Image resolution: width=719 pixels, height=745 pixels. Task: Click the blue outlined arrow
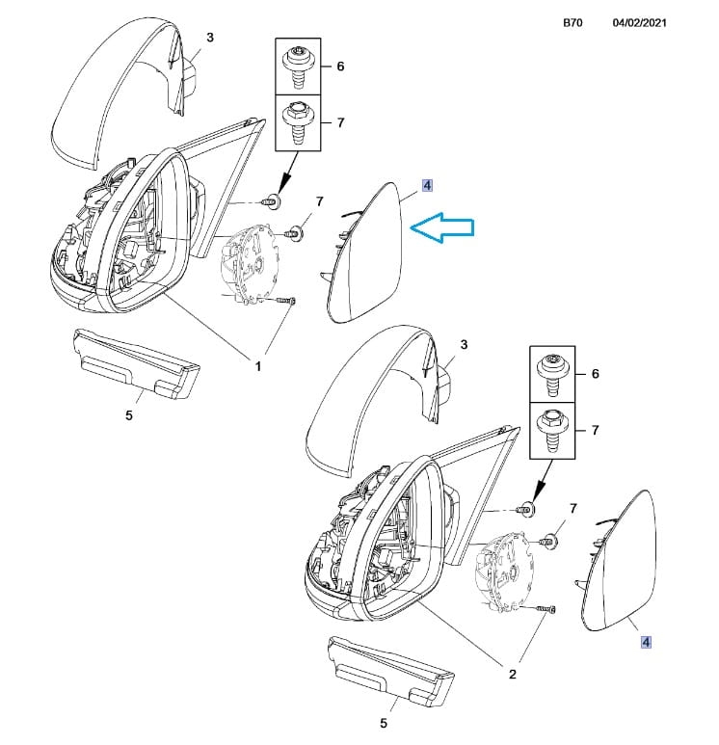click(x=441, y=227)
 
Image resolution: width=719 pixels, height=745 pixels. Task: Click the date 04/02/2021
click(x=639, y=23)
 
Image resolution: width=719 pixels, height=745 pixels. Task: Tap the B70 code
click(x=573, y=23)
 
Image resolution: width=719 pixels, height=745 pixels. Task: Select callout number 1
click(x=258, y=366)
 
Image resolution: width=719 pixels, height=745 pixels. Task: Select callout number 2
click(x=513, y=674)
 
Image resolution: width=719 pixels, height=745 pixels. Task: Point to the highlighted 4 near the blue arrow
click(x=427, y=185)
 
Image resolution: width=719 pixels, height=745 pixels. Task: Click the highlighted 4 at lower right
click(x=646, y=642)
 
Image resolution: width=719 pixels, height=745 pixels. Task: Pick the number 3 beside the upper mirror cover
click(x=210, y=37)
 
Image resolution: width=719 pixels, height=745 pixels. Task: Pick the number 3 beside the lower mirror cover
click(x=464, y=344)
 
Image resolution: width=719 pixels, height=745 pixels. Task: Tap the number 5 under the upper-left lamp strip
click(x=129, y=415)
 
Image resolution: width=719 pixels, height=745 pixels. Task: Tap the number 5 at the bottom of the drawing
click(x=384, y=723)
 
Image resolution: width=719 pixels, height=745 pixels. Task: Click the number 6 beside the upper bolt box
click(x=340, y=67)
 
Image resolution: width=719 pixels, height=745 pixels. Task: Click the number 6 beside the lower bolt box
click(x=595, y=374)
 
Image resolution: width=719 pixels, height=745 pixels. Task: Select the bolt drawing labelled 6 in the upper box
click(x=298, y=67)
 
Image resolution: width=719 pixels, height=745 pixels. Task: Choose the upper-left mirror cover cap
click(x=119, y=91)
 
